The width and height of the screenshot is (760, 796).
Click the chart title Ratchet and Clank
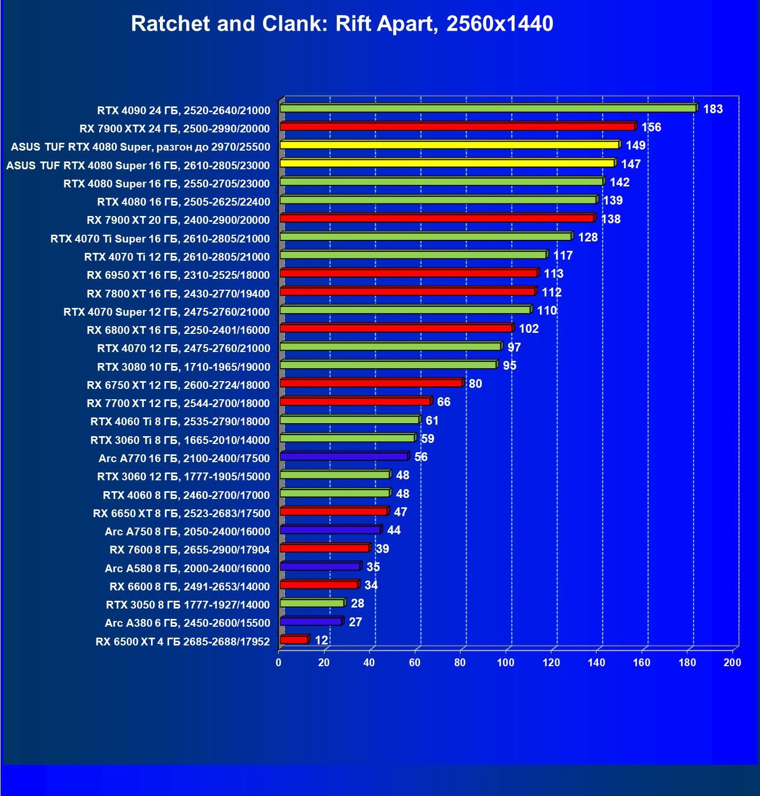pyautogui.click(x=342, y=24)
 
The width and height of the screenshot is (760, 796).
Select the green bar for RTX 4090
pyautogui.click(x=488, y=109)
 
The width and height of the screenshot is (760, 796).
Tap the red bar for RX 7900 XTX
pyautogui.click(x=457, y=127)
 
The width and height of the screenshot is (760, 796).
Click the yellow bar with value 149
pyautogui.click(x=449, y=145)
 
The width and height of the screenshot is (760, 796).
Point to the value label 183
pyautogui.click(x=713, y=109)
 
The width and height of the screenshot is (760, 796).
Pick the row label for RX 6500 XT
pyautogui.click(x=183, y=642)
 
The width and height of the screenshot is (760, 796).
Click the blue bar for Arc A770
pyautogui.click(x=344, y=456)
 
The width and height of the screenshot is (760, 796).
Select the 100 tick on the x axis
pyautogui.click(x=506, y=663)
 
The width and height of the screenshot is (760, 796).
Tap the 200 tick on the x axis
pyautogui.click(x=732, y=663)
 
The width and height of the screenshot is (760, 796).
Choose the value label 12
pyautogui.click(x=321, y=640)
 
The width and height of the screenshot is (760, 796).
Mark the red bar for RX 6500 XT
pyautogui.click(x=294, y=640)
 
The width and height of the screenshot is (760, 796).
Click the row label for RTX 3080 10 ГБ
pyautogui.click(x=184, y=367)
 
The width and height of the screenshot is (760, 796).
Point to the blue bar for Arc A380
pyautogui.click(x=311, y=622)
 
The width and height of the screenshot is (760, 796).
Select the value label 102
pyautogui.click(x=528, y=329)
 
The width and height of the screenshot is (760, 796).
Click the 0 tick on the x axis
pyautogui.click(x=279, y=663)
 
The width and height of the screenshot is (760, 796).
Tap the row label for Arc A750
pyautogui.click(x=187, y=532)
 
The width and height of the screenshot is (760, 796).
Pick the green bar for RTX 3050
pyautogui.click(x=312, y=603)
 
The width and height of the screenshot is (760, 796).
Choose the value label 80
pyautogui.click(x=475, y=384)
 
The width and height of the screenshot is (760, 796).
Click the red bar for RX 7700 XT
pyautogui.click(x=355, y=401)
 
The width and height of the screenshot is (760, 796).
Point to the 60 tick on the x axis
pyautogui.click(x=415, y=663)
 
